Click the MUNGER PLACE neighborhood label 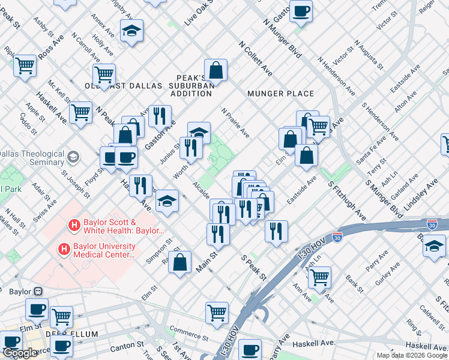pyautogui.click(x=280, y=94)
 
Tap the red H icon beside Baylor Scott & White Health pyautogui.click(x=74, y=226)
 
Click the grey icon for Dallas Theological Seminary pyautogui.click(x=73, y=157)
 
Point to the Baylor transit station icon pyautogui.click(x=38, y=292)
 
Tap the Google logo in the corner pyautogui.click(x=20, y=353)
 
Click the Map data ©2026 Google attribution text pyautogui.click(x=412, y=355)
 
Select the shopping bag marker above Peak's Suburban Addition pyautogui.click(x=215, y=70)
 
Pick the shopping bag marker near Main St pyautogui.click(x=179, y=262)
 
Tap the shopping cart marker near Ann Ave pyautogui.click(x=319, y=277)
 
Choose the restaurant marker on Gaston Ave pyautogui.click(x=160, y=115)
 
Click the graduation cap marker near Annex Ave pyautogui.click(x=131, y=31)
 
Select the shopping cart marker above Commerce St pyautogui.click(x=217, y=311)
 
